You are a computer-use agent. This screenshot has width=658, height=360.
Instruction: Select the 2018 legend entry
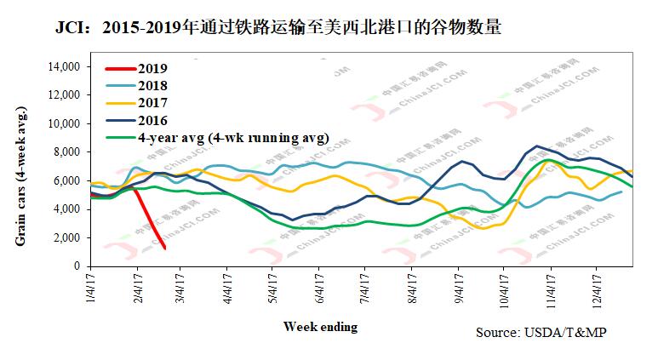coord(152,86)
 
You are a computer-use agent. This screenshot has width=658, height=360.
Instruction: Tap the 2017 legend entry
coord(152,103)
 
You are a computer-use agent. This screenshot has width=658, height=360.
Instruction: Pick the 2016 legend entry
coord(152,120)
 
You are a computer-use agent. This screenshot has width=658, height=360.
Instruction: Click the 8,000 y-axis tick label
coord(65,152)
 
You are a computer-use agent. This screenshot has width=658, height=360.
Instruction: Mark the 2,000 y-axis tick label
coord(65,237)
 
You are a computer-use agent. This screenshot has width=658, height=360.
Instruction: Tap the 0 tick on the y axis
coord(76,266)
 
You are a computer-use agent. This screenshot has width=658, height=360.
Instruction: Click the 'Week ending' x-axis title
coord(320,327)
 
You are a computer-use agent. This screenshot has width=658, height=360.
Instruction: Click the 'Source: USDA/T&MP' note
coord(542,332)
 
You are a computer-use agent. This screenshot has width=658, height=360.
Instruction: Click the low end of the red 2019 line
coord(164,248)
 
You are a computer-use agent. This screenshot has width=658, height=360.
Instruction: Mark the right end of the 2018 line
coord(621,191)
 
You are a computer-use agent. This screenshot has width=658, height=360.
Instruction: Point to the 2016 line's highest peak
coord(536,146)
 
